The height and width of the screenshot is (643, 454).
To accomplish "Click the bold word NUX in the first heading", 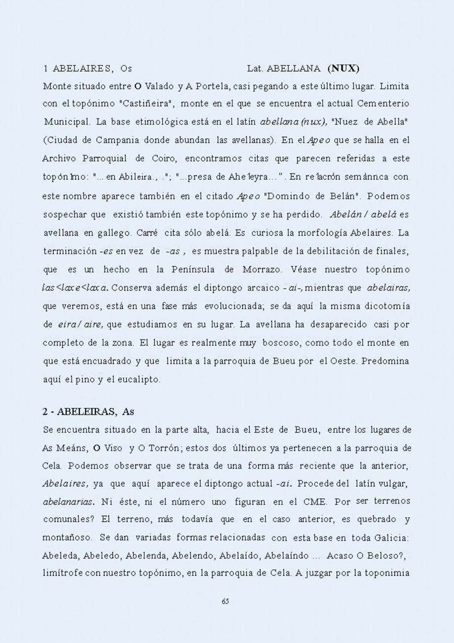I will pyautogui.click(x=344, y=69).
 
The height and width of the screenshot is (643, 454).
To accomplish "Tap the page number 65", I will pyautogui.click(x=225, y=601).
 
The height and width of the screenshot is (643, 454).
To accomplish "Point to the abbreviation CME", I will pyautogui.click(x=314, y=502).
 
